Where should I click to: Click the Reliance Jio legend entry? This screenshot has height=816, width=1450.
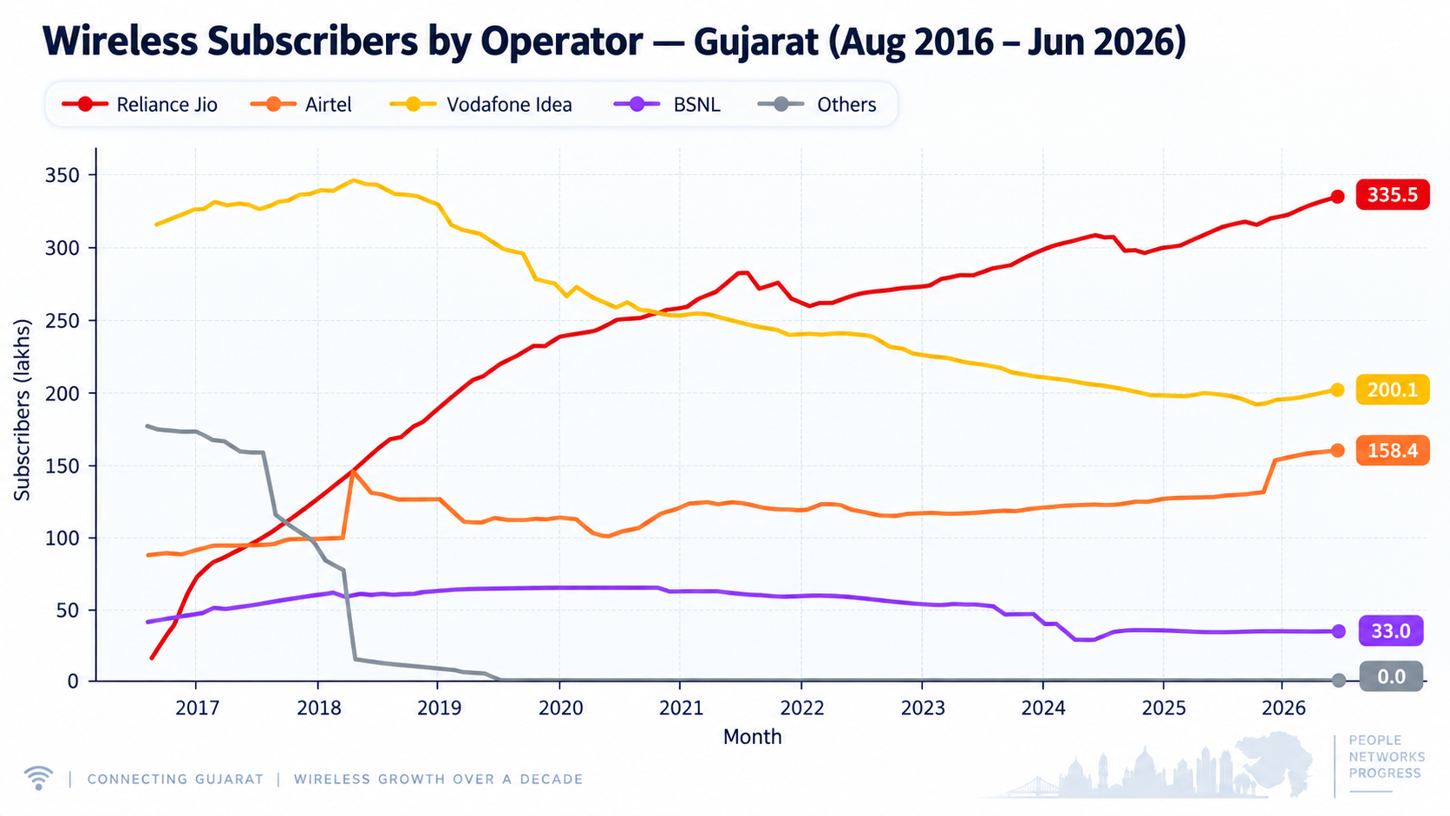click(139, 104)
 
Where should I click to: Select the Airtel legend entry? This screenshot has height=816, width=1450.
click(301, 104)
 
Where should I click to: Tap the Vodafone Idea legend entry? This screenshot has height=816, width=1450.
click(481, 104)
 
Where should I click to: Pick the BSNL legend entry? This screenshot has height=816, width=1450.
click(667, 104)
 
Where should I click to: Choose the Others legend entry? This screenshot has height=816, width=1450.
click(817, 104)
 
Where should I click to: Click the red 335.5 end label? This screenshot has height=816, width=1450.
click(1393, 194)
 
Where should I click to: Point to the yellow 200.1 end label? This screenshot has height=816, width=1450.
click(1393, 389)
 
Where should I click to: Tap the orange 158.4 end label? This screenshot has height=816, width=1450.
click(1393, 450)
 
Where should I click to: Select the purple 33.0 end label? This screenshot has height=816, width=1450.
click(1390, 630)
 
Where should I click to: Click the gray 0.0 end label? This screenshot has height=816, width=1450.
click(1391, 677)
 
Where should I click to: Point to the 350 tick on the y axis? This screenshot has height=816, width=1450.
click(62, 175)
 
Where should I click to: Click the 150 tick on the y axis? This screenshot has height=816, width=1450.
click(62, 466)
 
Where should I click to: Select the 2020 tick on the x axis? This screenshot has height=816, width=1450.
click(560, 708)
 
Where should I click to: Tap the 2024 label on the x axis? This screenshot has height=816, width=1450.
click(1043, 708)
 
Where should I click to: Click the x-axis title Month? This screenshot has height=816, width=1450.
click(752, 737)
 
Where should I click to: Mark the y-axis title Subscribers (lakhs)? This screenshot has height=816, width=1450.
click(22, 409)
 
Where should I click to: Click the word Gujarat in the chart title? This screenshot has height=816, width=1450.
click(756, 42)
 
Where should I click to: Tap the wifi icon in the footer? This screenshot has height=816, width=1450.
click(38, 778)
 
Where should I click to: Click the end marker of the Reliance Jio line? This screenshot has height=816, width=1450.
click(1337, 197)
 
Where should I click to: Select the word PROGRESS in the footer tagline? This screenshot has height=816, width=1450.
click(1385, 774)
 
